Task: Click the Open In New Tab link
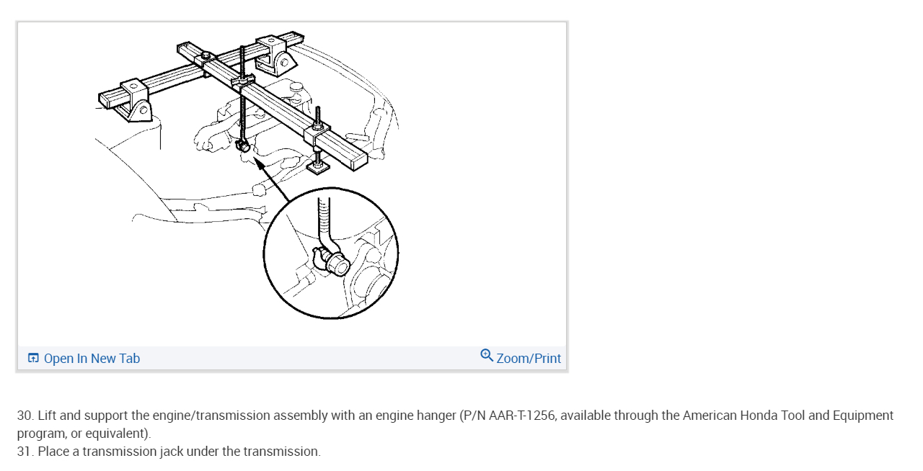coord(92,358)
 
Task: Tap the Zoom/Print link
coord(529,358)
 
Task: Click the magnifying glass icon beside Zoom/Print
coord(487,356)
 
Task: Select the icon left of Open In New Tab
coord(33,358)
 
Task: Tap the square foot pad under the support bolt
coord(319,168)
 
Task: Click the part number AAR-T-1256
coord(521,415)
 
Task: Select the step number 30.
coord(25,415)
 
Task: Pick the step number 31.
coord(25,452)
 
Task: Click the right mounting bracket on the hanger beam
coord(275,56)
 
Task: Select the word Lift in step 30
coord(47,415)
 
